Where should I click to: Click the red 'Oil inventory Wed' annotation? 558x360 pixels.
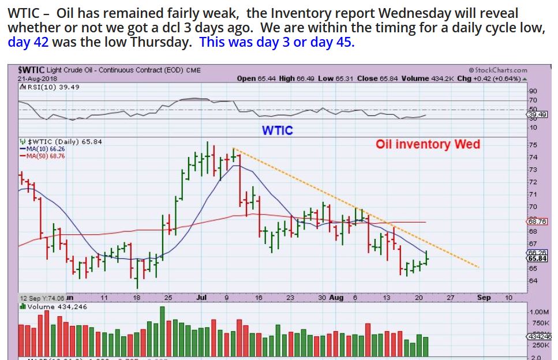tap(428, 144)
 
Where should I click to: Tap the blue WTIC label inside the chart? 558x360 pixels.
tap(277, 130)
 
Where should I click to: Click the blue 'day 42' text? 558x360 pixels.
tap(28, 42)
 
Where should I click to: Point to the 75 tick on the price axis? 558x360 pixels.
tap(533, 145)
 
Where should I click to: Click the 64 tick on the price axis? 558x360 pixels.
tap(533, 281)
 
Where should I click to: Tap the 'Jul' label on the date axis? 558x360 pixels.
tap(201, 298)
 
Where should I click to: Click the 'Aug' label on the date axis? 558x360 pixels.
tap(336, 298)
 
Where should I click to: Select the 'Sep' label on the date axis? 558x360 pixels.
tap(484, 298)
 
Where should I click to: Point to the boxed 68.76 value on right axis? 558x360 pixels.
tap(537, 222)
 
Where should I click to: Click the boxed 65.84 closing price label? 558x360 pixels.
tap(537, 259)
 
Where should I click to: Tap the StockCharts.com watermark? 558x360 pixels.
tap(498, 70)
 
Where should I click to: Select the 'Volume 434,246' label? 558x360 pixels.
tap(52, 307)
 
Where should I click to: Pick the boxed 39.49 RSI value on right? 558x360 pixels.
tap(537, 114)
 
